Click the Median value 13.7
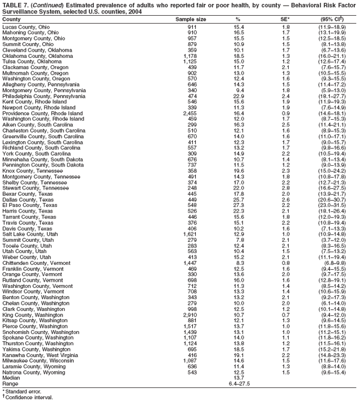pyautogui.click(x=238, y=378)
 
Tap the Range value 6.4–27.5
pyautogui.click(x=238, y=384)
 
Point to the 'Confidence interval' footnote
pyautogui.click(x=28, y=397)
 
